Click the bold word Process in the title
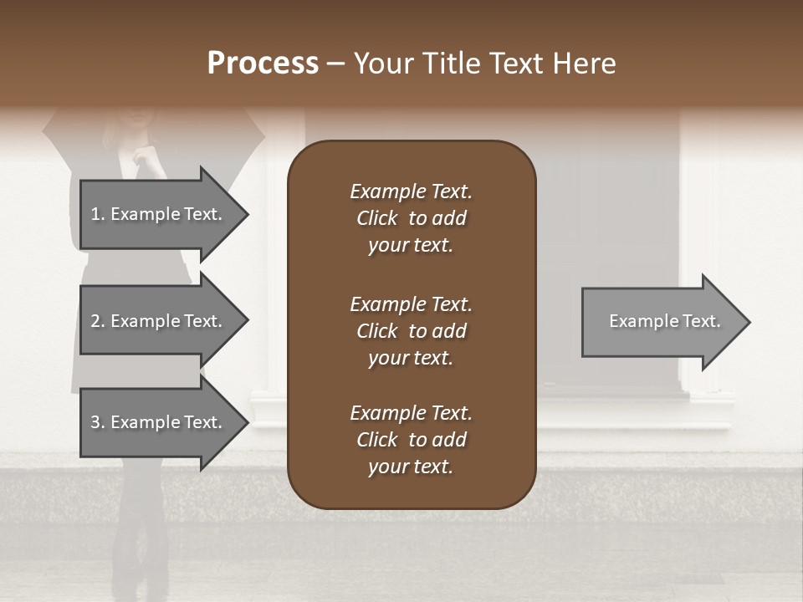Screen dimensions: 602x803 pos(263,64)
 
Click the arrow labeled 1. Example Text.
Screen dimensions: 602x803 pos(156,214)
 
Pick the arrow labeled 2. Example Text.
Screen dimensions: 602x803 pos(156,321)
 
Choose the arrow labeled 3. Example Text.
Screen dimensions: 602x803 pos(156,422)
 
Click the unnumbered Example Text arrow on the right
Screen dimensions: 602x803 pos(664,321)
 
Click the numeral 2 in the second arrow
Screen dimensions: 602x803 pos(95,321)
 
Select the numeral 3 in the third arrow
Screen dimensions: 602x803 pos(95,422)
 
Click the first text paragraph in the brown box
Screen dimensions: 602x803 pos(411,218)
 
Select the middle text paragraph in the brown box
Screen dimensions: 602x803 pos(411,331)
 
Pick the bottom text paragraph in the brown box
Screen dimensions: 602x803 pos(411,440)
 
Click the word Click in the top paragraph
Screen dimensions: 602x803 pos(377,218)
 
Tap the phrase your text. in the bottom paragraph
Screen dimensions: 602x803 pos(411,467)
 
